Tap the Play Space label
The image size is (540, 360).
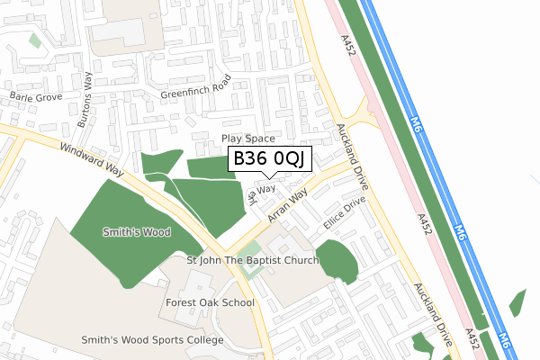pos(247,139)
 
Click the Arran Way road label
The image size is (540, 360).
pos(290,206)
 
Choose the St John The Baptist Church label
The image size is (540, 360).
pos(253,261)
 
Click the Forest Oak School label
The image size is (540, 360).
pos(210,302)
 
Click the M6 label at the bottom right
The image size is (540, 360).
pos(504,341)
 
